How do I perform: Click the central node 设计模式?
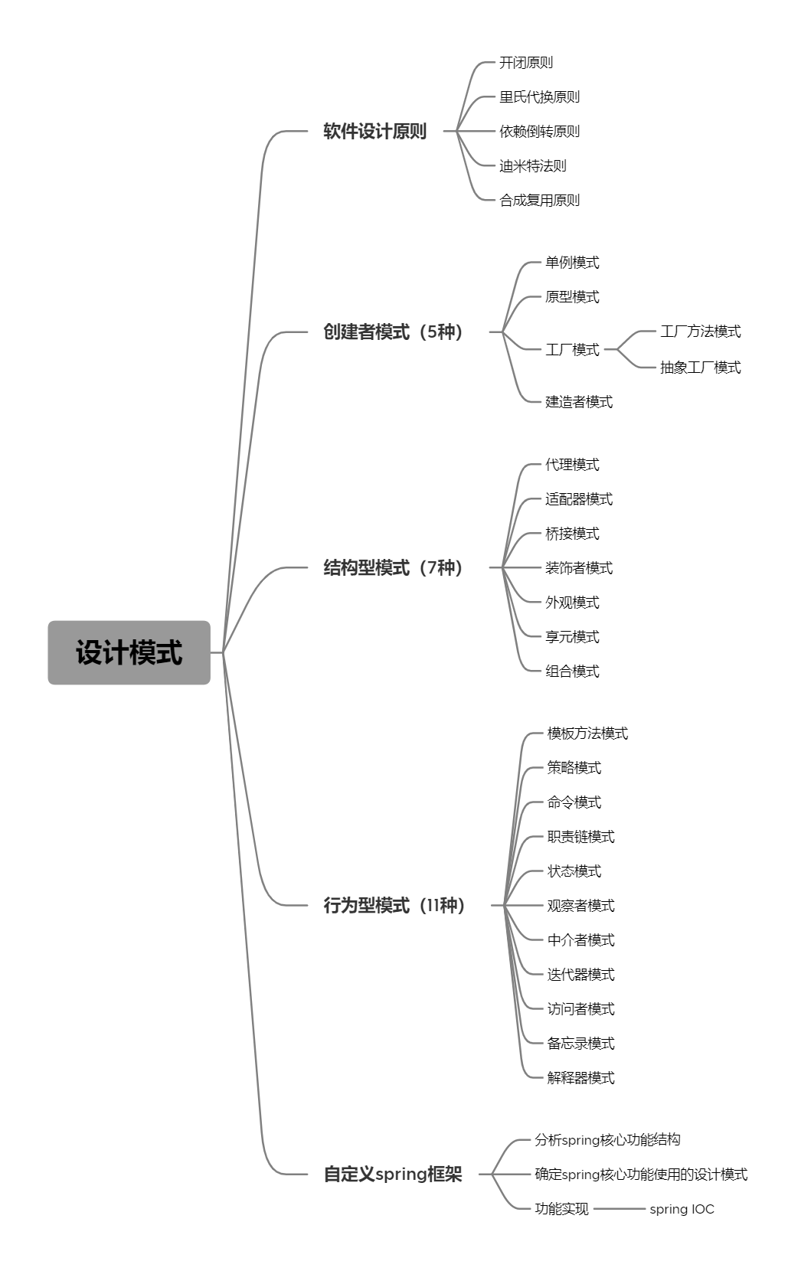tap(129, 652)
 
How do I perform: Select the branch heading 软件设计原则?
tap(374, 131)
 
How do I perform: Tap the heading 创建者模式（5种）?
tap(393, 332)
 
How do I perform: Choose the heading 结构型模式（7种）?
tap(393, 567)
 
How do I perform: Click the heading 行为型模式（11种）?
tap(394, 905)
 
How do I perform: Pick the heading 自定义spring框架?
tap(393, 1174)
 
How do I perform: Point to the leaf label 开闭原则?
tap(525, 63)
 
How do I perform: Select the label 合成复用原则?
tap(539, 201)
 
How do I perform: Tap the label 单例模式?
tap(572, 263)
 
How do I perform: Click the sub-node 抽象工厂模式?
tap(701, 367)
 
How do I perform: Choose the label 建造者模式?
tap(579, 402)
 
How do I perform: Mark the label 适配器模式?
tap(579, 499)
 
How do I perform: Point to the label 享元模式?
tap(572, 636)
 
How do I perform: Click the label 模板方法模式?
tap(587, 733)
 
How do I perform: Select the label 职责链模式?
tap(580, 836)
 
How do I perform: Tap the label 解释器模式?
tap(580, 1077)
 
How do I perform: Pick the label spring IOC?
tap(682, 1208)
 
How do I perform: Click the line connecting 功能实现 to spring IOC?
tap(620, 1208)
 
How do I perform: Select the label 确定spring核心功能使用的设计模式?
tap(641, 1174)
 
